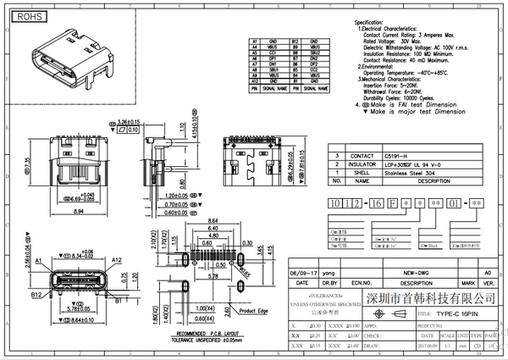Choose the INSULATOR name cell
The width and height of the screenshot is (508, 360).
point(338,163)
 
